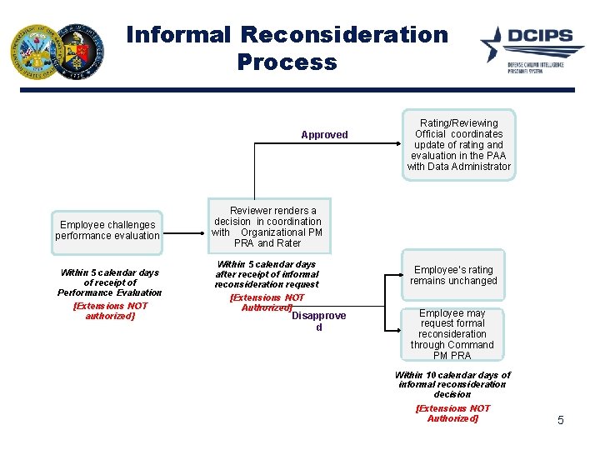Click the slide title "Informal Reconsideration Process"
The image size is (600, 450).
tap(287, 48)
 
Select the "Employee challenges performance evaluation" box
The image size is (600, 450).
tap(107, 231)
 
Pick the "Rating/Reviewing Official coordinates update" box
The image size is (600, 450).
tap(458, 144)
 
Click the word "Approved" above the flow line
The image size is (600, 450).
tap(324, 135)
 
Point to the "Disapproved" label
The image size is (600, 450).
tap(318, 321)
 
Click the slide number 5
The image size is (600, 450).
tap(560, 421)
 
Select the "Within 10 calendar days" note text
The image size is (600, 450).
tap(452, 384)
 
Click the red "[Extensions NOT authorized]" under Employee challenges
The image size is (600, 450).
tap(110, 311)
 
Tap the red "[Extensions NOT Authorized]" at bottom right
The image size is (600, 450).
tap(452, 413)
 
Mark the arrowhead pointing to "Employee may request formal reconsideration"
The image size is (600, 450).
tap(398, 316)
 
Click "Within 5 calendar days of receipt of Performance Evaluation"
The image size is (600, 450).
tap(109, 282)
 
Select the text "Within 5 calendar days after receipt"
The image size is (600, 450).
tap(266, 274)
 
